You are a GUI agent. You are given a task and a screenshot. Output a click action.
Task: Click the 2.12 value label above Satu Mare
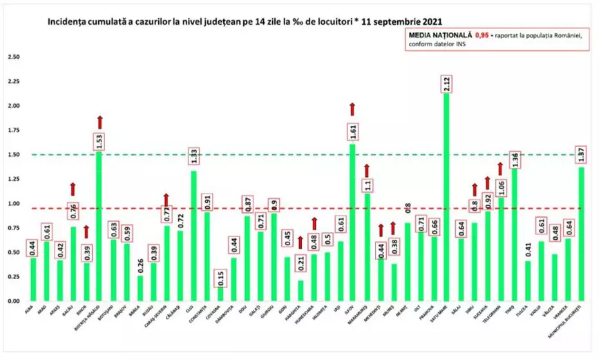pyautogui.click(x=446, y=84)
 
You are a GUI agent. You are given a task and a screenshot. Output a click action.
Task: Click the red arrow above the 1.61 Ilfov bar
pyautogui.click(x=352, y=108)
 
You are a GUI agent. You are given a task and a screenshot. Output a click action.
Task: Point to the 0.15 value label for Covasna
pyautogui.click(x=219, y=277)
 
